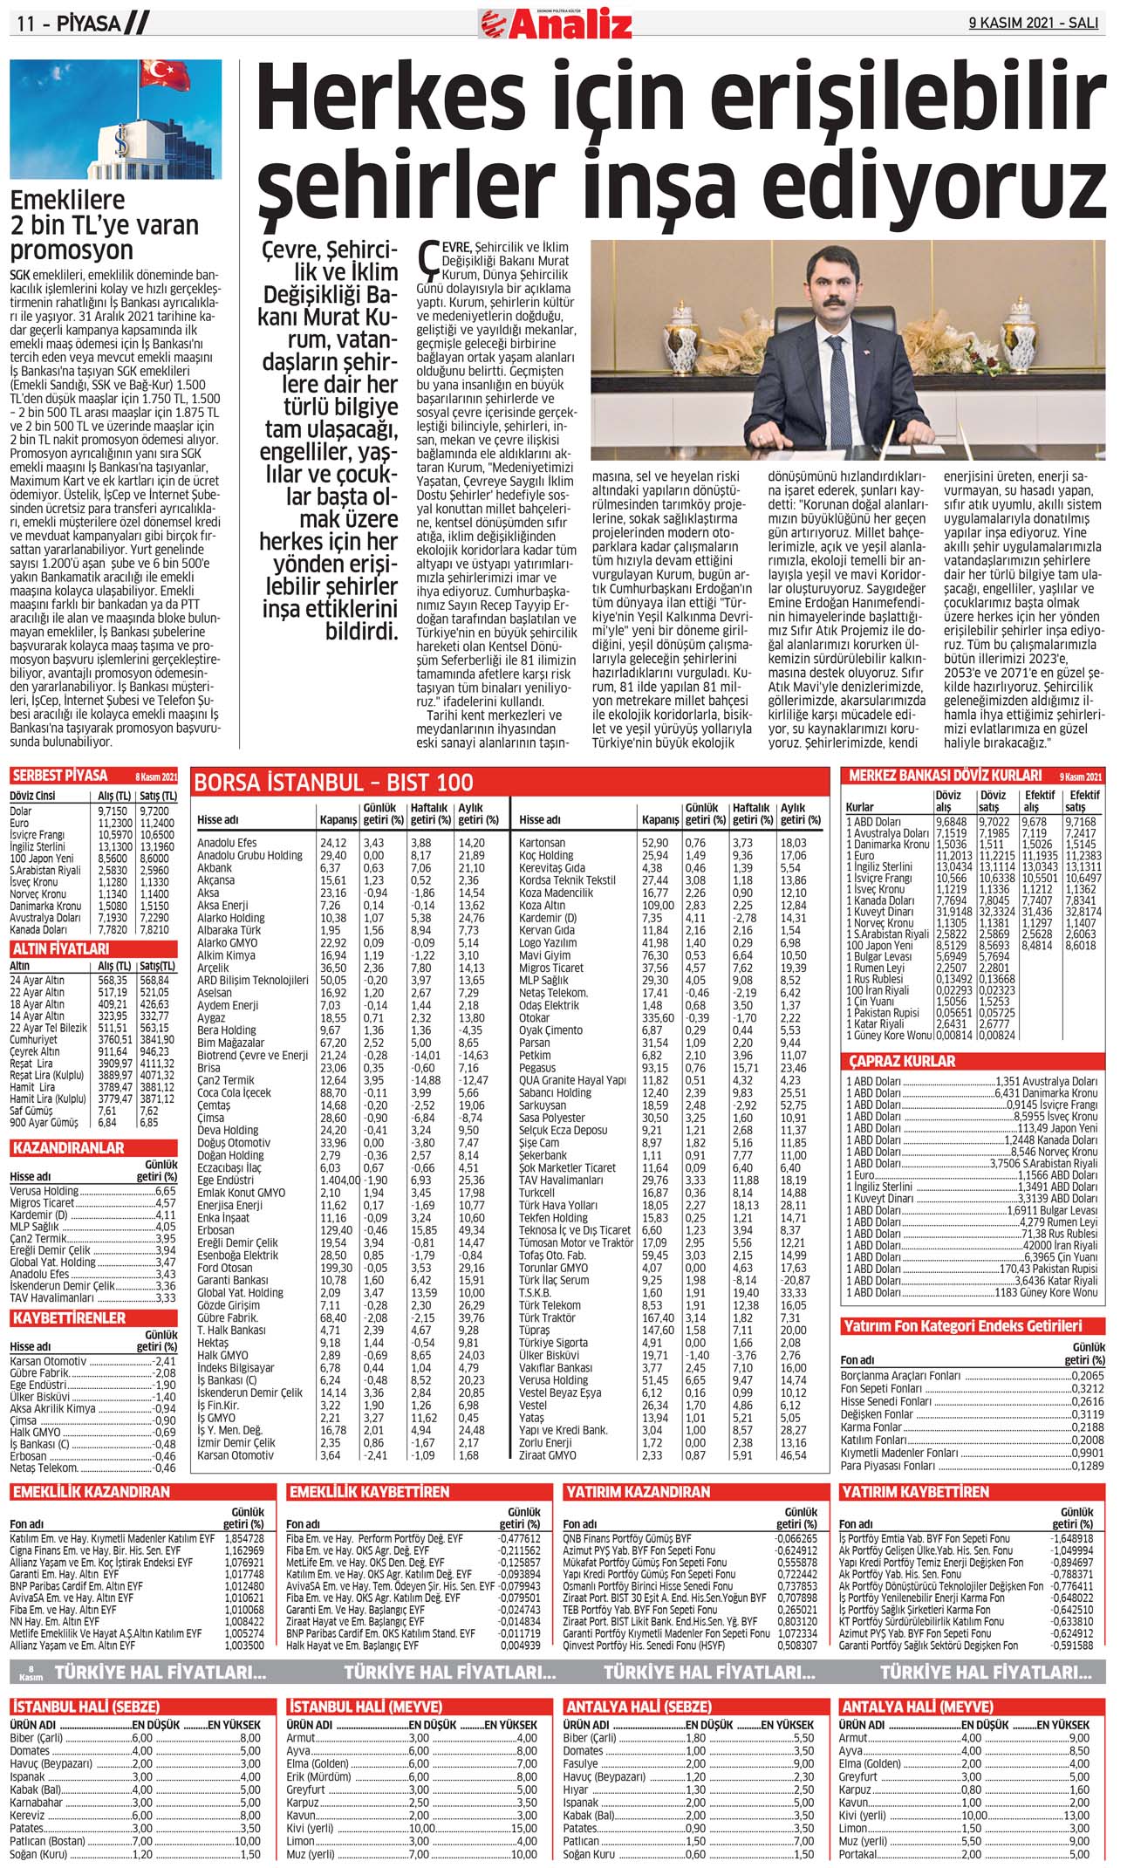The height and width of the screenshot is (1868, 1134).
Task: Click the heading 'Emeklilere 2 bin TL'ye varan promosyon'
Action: point(104,225)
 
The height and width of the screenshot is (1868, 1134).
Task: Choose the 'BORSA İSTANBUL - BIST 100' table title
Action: point(333,783)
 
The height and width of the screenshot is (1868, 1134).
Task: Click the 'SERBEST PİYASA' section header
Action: point(60,776)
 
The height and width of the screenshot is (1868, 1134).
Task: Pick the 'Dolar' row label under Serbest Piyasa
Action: point(21,811)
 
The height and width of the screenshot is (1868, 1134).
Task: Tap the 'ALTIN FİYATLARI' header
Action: point(60,948)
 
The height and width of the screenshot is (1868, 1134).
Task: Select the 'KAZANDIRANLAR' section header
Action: point(68,1148)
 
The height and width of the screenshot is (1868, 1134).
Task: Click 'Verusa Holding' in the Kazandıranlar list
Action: point(44,1191)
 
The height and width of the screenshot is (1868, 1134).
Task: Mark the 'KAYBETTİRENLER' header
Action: point(69,1317)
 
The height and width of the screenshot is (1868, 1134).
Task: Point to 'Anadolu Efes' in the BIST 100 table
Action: point(227,843)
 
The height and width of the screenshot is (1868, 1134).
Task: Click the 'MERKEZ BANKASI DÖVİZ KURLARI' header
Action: point(945,776)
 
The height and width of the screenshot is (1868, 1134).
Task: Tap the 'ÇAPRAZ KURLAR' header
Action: point(902,1061)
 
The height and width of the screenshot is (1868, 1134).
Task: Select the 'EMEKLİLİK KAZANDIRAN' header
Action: point(91,1492)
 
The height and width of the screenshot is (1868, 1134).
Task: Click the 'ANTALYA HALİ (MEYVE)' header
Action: point(916,1707)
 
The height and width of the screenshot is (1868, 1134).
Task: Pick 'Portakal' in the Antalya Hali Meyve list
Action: point(859,1853)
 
